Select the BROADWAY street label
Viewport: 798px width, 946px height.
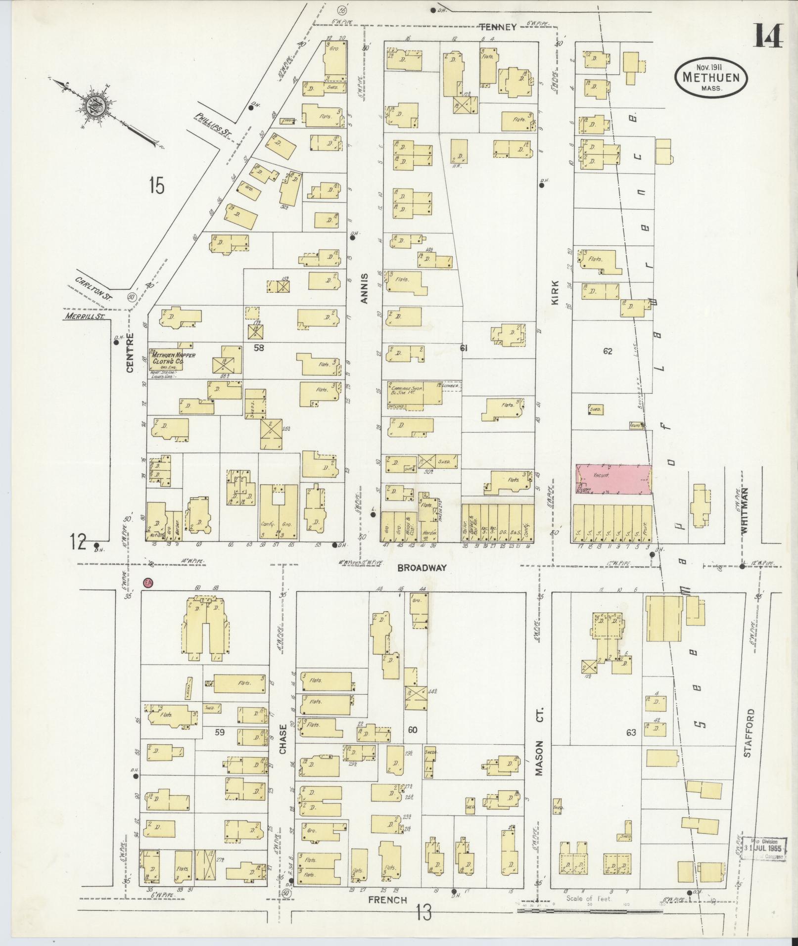422,568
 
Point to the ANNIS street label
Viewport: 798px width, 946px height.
365,288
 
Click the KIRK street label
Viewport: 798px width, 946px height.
555,293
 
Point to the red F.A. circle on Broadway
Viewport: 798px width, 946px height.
147,583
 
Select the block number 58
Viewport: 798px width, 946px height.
259,348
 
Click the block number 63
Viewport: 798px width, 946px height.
630,732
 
